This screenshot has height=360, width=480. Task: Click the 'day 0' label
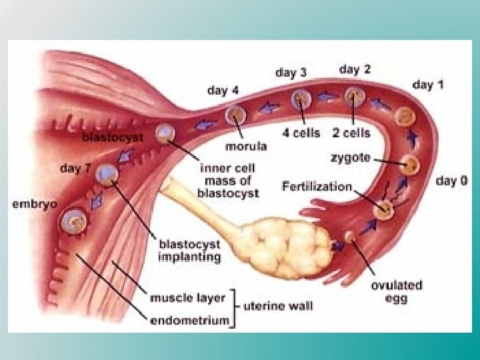[451, 181]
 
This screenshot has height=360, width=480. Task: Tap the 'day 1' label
[429, 85]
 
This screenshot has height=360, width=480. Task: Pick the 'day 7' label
[75, 169]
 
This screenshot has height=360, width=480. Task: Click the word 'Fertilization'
[317, 186]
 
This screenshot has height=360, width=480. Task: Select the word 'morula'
[247, 146]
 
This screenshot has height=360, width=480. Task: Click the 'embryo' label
[35, 203]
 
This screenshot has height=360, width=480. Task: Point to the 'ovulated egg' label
[396, 291]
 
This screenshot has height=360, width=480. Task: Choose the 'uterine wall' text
[278, 307]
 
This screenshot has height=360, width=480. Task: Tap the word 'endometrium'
[189, 320]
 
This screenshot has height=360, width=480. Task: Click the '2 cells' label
[351, 133]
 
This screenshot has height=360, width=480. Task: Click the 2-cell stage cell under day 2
[355, 97]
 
